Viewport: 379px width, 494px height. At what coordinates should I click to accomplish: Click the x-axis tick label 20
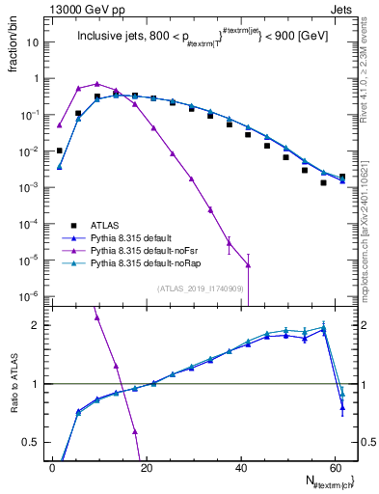pos(145,467)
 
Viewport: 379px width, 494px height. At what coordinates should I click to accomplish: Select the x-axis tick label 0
pos(51,467)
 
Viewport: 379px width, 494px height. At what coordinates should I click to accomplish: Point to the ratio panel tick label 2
pos(35,325)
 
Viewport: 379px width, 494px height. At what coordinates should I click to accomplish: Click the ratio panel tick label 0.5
pos(30,443)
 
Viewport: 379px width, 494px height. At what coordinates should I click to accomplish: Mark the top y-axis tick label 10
pos(32,43)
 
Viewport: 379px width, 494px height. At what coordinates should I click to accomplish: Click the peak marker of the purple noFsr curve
pos(97,84)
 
